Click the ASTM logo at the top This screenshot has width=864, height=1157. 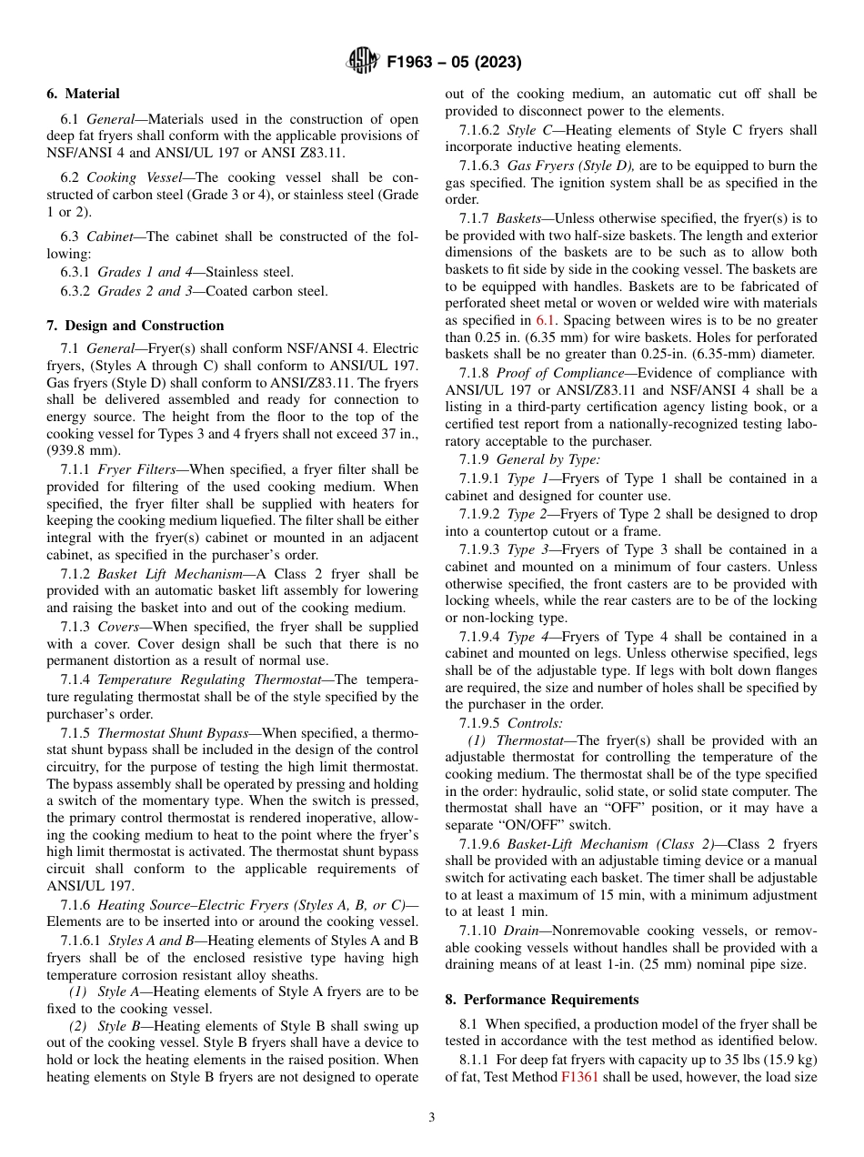(x=362, y=62)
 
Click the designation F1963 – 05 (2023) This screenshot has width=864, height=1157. (x=454, y=63)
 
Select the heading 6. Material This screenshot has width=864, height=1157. (x=83, y=94)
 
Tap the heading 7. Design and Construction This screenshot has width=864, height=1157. (x=136, y=326)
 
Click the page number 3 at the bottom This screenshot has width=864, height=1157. (x=432, y=1118)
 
